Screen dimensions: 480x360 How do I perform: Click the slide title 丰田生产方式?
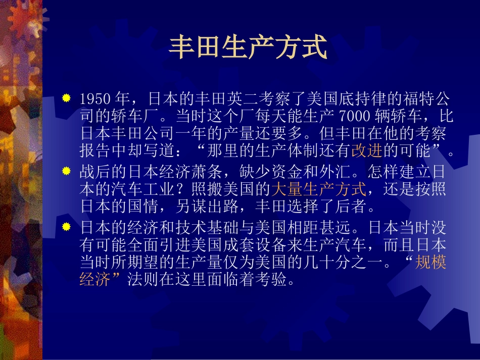click(x=248, y=47)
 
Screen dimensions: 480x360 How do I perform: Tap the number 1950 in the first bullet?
click(x=95, y=99)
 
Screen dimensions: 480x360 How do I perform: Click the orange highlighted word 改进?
click(x=367, y=150)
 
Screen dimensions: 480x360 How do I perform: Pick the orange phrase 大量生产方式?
click(x=319, y=189)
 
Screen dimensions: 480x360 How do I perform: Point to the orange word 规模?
click(x=430, y=262)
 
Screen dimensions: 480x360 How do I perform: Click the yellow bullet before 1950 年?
click(x=66, y=98)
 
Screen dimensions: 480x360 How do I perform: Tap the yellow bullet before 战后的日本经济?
click(x=66, y=171)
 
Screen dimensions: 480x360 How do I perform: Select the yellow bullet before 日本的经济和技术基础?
click(x=66, y=227)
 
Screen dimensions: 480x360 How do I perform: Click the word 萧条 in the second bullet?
click(x=207, y=172)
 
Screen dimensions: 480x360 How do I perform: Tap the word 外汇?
click(x=335, y=172)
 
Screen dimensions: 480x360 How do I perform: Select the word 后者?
click(x=351, y=206)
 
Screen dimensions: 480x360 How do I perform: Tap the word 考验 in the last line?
click(x=271, y=279)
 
